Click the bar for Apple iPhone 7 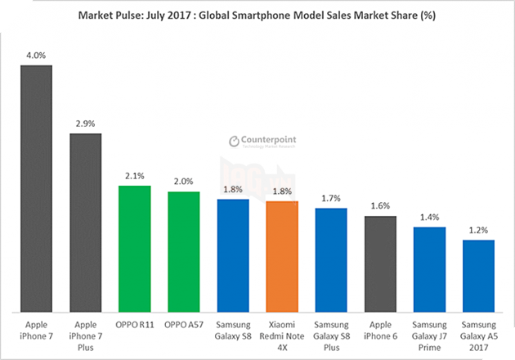[x=36, y=188]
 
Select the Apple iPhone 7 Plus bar [x=85, y=222]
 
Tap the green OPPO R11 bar [x=135, y=249]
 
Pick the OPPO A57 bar [x=184, y=251]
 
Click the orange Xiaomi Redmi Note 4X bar [x=282, y=256]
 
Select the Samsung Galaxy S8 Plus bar [x=331, y=259]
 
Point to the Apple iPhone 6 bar [x=380, y=263]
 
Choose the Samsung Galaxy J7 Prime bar [x=429, y=269]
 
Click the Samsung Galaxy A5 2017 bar [x=478, y=276]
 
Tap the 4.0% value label [x=37, y=56]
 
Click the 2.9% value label [x=85, y=124]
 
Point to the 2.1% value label [x=135, y=176]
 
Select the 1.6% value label [x=380, y=206]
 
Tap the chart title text [x=257, y=15]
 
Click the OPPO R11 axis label [x=135, y=326]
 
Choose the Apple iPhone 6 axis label [x=380, y=331]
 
